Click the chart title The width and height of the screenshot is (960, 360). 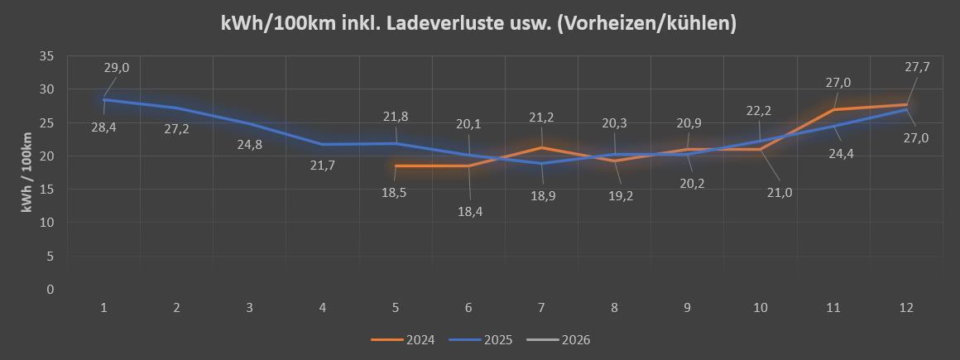[479, 23]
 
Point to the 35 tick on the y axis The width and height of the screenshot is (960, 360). [46, 56]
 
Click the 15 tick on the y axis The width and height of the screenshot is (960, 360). [46, 190]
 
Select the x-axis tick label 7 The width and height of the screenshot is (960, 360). [541, 308]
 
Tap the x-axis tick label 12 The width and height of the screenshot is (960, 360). [906, 308]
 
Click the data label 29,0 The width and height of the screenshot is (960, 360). [117, 68]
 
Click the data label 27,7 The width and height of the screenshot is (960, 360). [917, 68]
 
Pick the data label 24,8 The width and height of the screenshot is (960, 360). [251, 145]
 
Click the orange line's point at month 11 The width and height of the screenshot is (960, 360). [833, 109]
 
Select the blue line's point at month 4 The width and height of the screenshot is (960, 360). [323, 145]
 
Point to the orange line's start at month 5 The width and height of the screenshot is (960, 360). [396, 166]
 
